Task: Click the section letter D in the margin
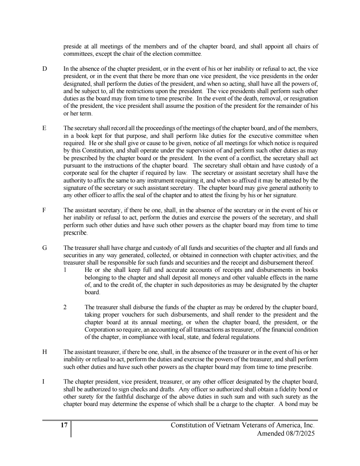point(45,69)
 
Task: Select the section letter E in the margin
point(44,128)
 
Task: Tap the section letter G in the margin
point(45,248)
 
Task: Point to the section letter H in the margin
point(45,352)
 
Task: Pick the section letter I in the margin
point(44,382)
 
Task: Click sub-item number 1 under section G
point(65,270)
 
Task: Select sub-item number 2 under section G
point(65,307)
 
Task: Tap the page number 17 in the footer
point(64,425)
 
